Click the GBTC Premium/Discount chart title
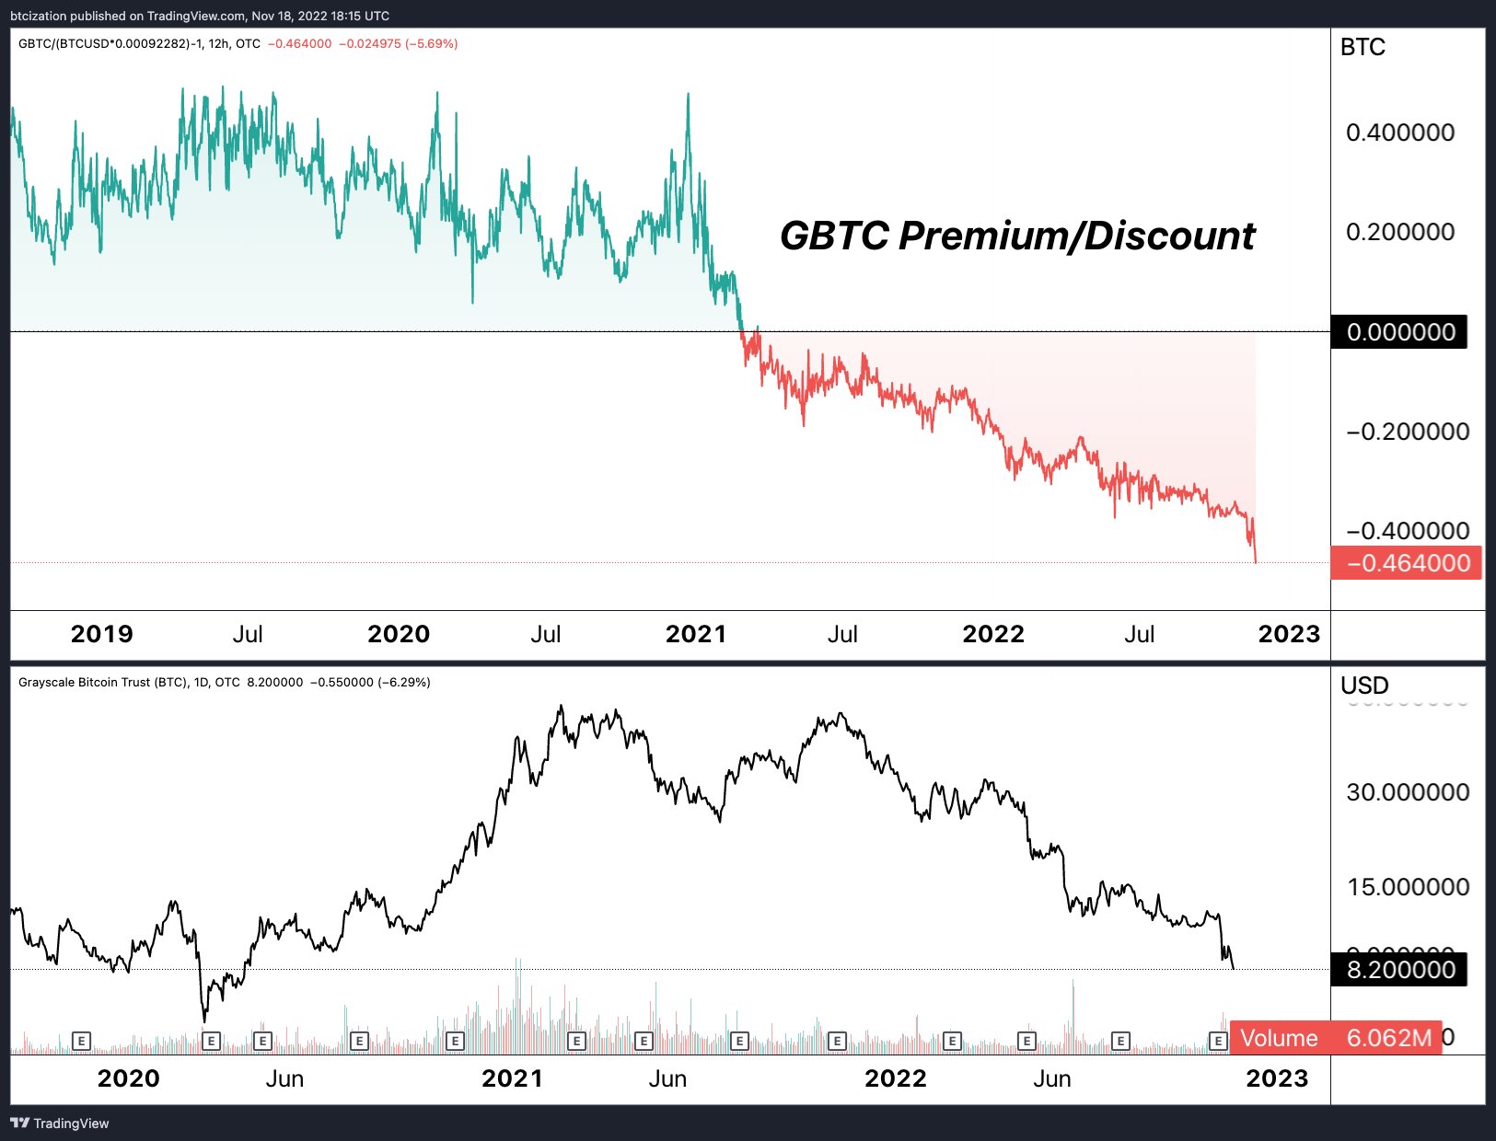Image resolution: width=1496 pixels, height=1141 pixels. tap(1017, 236)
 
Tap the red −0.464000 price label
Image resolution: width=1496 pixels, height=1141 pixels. tap(1407, 563)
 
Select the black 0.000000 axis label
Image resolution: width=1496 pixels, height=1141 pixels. tap(1399, 332)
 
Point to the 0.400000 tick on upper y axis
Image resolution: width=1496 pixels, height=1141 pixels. tap(1399, 133)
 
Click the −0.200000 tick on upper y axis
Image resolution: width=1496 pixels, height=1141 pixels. tap(1407, 432)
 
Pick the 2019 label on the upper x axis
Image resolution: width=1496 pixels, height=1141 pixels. tap(101, 634)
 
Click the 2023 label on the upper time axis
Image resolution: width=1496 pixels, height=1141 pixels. tap(1289, 634)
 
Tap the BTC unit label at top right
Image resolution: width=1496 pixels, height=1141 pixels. tap(1363, 48)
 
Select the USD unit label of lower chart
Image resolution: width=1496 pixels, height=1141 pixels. tap(1363, 686)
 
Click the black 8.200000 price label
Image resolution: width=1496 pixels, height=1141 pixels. tap(1399, 970)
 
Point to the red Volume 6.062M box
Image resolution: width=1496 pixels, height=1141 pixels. tap(1335, 1038)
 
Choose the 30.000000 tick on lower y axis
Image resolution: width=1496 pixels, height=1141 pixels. tap(1407, 792)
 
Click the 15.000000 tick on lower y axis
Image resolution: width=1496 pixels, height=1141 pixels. tap(1407, 887)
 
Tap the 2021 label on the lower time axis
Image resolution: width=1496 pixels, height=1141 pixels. tap(512, 1078)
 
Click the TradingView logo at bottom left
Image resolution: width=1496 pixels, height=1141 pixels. tap(59, 1124)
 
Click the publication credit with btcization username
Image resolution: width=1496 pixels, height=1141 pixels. tap(199, 16)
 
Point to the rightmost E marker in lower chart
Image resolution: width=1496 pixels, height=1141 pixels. tap(1218, 1041)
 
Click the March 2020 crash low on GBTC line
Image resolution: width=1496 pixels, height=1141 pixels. tap(203, 1020)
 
